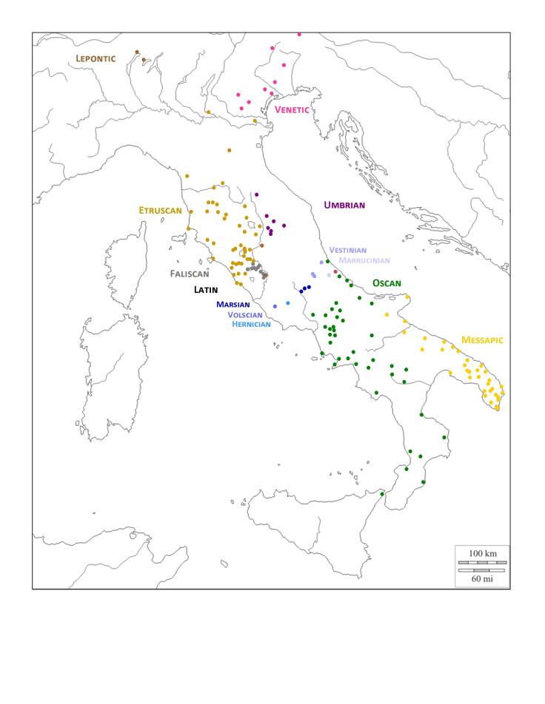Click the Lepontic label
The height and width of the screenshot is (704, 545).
96,58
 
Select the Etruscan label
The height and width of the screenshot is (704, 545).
160,210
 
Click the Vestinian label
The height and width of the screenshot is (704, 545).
347,250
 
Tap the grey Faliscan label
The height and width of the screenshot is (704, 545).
190,274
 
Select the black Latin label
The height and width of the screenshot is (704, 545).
206,290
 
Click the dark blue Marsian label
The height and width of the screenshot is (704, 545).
233,304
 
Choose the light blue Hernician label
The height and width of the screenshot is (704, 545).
251,324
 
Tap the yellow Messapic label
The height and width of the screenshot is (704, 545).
482,340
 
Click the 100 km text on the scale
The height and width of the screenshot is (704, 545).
482,553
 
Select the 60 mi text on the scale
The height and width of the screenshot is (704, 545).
482,579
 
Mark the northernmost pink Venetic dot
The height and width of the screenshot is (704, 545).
299,34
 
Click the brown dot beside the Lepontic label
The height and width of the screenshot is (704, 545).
137,52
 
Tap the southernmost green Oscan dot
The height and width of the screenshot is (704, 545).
382,494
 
